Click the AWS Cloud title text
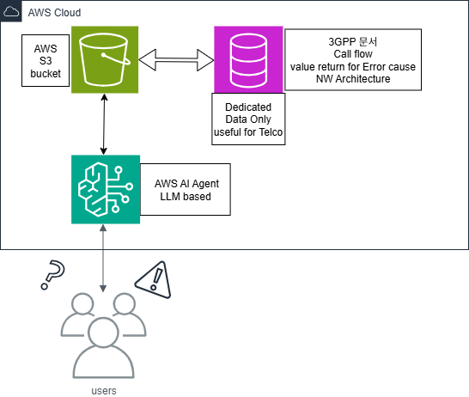[x=54, y=13]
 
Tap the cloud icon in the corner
[x=11, y=12]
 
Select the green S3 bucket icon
[x=105, y=59]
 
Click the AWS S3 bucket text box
[x=46, y=61]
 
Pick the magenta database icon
[x=248, y=59]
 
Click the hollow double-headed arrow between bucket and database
[x=176, y=60]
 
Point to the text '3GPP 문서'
[x=353, y=41]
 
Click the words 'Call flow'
[x=353, y=54]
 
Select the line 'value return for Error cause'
[x=353, y=66]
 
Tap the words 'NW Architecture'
[x=353, y=79]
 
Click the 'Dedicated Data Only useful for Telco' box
[x=248, y=119]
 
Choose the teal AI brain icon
[x=106, y=189]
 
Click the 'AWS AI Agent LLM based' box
[x=186, y=189]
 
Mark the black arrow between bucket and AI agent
[x=104, y=124]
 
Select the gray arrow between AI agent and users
[x=103, y=258]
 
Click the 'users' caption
[x=104, y=390]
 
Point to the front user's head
[x=103, y=333]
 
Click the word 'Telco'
[x=271, y=132]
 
